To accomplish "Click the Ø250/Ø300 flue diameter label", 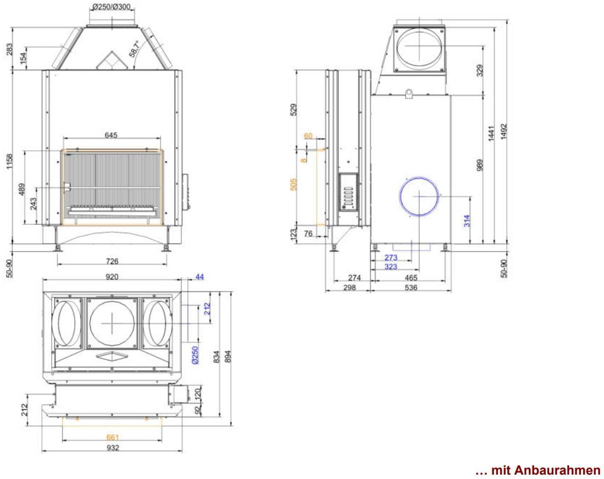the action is point(112,7).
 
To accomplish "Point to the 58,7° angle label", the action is point(135,49).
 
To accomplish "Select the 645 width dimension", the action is point(111,135).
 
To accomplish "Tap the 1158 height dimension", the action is point(9,161).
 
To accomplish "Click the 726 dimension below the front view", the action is point(112,261).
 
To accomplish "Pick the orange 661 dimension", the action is point(113,437).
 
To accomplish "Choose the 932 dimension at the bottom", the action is point(113,448).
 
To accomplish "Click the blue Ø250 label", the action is point(195,355).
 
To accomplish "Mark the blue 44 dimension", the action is point(200,277).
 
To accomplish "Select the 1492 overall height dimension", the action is point(504,132).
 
